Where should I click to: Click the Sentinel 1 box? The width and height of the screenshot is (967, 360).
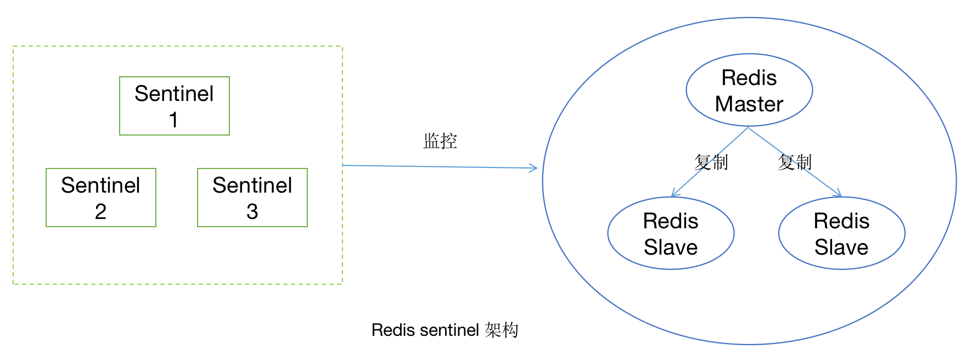(175, 106)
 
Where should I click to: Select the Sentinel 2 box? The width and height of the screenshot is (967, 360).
(101, 198)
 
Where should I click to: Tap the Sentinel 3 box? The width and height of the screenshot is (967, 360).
(252, 198)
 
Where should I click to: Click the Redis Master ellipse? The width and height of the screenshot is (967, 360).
(749, 90)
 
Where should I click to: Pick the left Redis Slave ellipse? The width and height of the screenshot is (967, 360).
(671, 233)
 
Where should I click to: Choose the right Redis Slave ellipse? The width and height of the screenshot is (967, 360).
(841, 233)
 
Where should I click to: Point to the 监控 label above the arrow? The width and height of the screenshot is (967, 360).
(440, 141)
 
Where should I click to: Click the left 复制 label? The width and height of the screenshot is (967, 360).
(711, 162)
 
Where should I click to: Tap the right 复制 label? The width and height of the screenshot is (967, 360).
(794, 162)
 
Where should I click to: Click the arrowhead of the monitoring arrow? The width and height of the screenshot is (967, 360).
(534, 168)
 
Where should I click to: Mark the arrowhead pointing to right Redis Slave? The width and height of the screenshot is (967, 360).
(838, 194)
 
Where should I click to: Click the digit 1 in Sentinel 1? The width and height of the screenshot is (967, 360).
(173, 120)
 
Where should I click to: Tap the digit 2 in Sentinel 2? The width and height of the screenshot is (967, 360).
(100, 211)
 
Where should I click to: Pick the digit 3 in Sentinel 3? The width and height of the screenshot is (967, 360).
(252, 211)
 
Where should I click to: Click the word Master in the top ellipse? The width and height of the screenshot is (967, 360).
(749, 104)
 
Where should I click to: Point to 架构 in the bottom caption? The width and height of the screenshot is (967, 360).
(502, 330)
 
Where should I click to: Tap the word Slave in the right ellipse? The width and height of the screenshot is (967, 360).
(841, 247)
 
